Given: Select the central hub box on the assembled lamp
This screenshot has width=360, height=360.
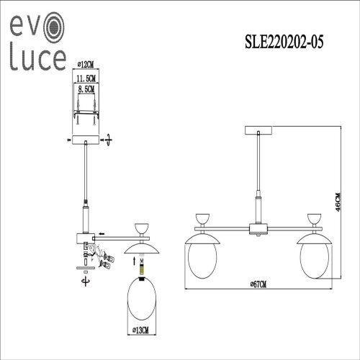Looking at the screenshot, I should click(x=257, y=230).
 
